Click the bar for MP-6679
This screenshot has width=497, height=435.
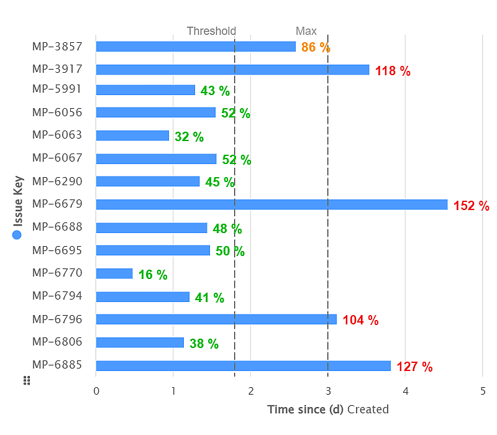click(x=271, y=204)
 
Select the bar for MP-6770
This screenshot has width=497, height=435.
click(x=114, y=273)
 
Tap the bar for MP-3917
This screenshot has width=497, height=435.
click(x=232, y=70)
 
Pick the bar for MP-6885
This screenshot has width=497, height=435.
click(x=243, y=365)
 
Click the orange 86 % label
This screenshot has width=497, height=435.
click(x=316, y=47)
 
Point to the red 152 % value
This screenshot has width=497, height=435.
click(x=472, y=206)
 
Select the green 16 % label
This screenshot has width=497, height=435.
click(x=153, y=275)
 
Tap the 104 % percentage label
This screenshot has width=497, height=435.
click(x=360, y=321)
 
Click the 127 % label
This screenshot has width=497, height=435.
click(x=414, y=367)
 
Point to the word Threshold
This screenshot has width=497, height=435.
click(x=211, y=31)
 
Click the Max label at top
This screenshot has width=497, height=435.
click(x=306, y=31)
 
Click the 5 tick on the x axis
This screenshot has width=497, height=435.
click(x=483, y=391)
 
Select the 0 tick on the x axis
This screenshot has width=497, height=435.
click(x=96, y=391)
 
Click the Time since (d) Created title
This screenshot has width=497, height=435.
click(x=328, y=410)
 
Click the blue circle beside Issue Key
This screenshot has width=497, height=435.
click(x=17, y=235)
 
